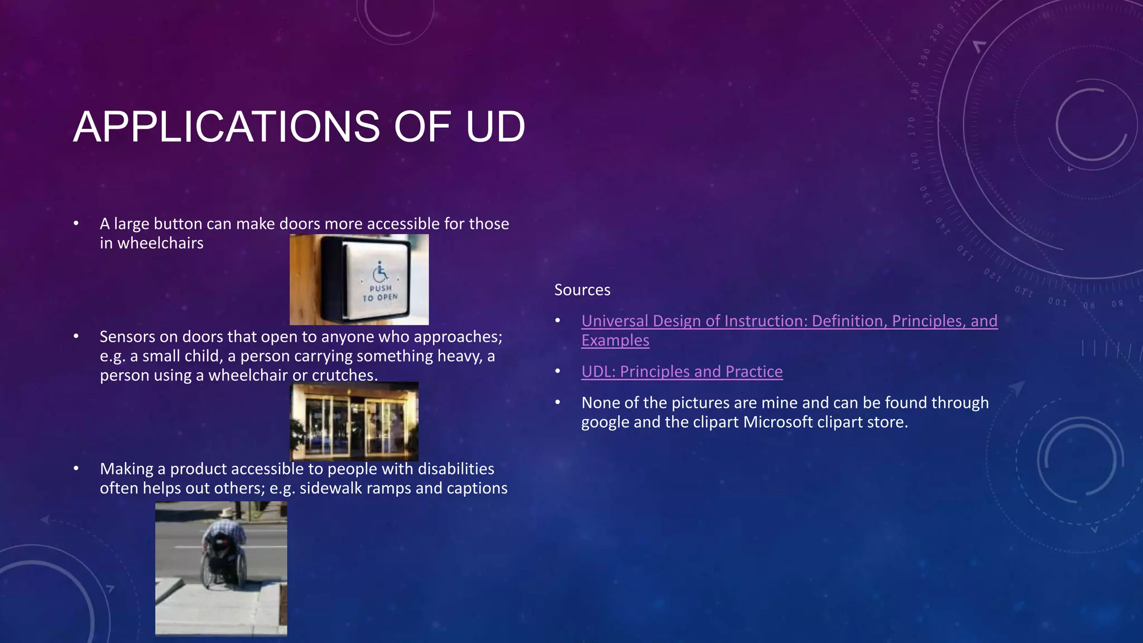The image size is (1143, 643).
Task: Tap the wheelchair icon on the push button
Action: click(x=381, y=272)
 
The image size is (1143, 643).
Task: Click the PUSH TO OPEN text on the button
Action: click(x=380, y=293)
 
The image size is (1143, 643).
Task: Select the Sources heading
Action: click(x=582, y=290)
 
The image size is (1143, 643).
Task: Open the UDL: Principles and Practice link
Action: click(x=681, y=372)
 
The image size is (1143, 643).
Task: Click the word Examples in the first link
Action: click(x=615, y=340)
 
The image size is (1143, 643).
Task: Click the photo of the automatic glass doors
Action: click(x=354, y=421)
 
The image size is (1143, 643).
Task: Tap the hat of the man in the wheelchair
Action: click(x=226, y=512)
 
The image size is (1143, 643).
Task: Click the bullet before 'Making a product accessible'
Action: click(x=76, y=469)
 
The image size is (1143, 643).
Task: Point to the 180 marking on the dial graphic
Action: click(x=915, y=91)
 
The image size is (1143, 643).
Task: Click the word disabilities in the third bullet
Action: click(x=456, y=469)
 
